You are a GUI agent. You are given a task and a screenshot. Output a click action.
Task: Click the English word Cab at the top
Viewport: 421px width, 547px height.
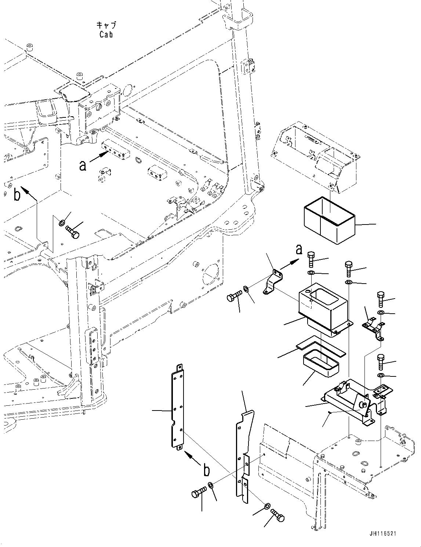pos(106,34)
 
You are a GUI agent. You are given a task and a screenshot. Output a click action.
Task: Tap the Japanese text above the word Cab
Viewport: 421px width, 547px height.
pos(106,25)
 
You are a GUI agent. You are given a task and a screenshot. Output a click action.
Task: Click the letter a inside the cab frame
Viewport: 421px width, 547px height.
pos(83,165)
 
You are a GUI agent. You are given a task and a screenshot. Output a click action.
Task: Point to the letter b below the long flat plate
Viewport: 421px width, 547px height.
pos(207,470)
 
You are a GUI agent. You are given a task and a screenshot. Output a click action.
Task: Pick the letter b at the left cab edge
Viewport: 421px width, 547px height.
pos(17,195)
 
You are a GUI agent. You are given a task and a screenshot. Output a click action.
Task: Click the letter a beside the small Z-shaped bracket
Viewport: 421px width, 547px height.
pos(299,250)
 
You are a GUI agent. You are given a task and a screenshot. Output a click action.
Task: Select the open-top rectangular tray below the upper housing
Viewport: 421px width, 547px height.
pos(329,220)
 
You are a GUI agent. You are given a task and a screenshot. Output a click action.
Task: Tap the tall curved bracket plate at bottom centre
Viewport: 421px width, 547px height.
pos(244,455)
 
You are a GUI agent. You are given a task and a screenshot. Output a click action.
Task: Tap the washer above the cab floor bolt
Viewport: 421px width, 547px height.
pos(62,222)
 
